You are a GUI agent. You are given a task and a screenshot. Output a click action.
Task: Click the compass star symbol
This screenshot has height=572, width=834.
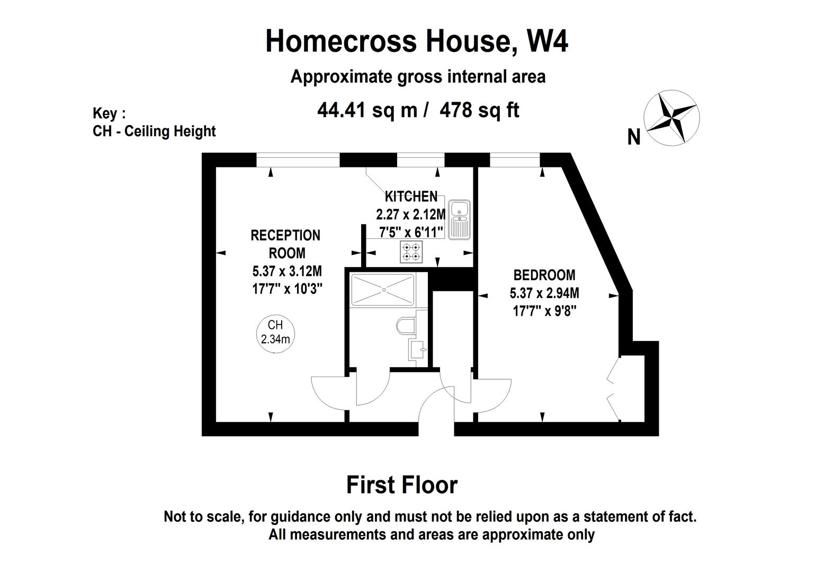click(671, 118)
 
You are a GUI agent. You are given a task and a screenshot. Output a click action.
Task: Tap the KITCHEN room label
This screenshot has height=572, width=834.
click(411, 196)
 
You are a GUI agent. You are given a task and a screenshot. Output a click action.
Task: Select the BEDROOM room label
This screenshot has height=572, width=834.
click(544, 275)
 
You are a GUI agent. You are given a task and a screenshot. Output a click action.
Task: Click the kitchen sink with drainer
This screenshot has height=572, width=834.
click(459, 220)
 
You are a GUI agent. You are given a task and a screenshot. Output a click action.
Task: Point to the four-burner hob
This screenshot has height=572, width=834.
click(411, 252)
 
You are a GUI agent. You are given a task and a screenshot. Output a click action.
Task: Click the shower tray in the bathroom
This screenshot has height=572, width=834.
click(383, 290)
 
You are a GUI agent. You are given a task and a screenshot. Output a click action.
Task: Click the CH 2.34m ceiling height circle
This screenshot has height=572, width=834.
click(275, 334)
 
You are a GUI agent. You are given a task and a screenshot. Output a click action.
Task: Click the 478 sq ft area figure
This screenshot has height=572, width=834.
click(480, 110)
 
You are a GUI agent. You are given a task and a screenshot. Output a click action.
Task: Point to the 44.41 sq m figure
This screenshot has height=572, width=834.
click(367, 110)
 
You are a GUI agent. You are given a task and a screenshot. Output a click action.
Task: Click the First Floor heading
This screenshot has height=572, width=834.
click(402, 485)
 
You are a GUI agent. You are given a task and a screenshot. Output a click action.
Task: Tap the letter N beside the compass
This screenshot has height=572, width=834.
click(634, 137)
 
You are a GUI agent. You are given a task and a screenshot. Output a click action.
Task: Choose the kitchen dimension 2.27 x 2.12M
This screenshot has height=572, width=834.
click(411, 215)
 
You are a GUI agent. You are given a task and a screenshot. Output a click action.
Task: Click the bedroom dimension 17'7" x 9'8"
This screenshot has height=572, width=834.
click(545, 310)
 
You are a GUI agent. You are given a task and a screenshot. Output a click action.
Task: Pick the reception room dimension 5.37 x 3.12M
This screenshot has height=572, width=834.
click(287, 271)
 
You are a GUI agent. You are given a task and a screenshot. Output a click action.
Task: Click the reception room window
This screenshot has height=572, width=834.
click(298, 160)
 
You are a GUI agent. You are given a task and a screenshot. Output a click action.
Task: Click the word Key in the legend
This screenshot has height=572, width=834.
click(105, 113)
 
